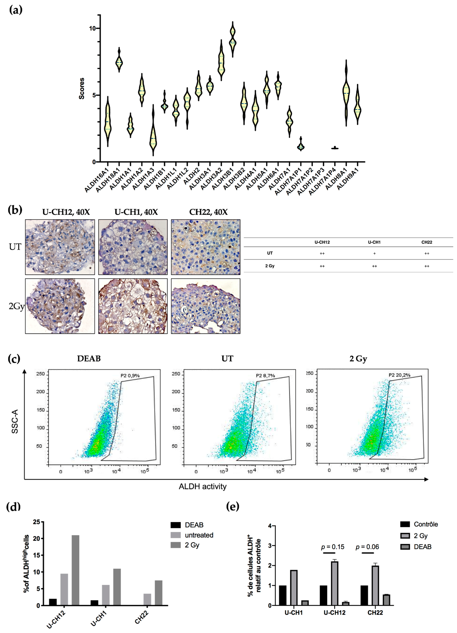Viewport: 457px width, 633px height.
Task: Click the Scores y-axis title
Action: coord(81,89)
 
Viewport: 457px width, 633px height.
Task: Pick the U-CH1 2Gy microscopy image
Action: coord(133,306)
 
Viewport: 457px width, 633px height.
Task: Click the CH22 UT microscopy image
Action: coord(205,247)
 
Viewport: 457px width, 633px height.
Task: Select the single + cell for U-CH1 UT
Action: coord(374,253)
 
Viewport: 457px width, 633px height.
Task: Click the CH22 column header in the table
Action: coord(427,242)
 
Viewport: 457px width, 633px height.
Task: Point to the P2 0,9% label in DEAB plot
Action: coord(130,376)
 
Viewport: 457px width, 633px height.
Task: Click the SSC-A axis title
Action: coord(15,421)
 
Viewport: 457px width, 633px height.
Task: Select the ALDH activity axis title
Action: coord(203,486)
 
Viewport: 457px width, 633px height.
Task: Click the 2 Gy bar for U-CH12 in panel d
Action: coord(75,570)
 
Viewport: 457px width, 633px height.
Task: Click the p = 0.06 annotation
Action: coord(367,547)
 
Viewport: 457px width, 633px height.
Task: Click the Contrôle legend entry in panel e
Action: coord(426,524)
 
